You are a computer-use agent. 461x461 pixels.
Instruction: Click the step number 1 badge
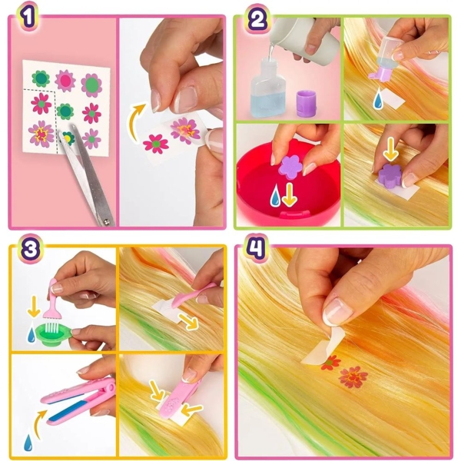coord(28,17)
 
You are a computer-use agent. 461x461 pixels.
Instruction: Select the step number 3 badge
coord(30,249)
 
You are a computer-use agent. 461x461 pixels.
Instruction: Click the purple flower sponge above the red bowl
coord(290,167)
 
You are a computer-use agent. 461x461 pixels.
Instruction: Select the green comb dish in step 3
coord(54,333)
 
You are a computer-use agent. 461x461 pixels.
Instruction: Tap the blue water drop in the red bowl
coord(275,194)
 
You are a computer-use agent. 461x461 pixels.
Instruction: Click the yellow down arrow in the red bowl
coord(290,194)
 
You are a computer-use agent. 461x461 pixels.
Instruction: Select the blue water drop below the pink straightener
coord(28,443)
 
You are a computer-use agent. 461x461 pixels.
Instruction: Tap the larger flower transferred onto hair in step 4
coord(353,376)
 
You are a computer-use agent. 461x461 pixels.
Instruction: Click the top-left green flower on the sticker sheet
coord(41,78)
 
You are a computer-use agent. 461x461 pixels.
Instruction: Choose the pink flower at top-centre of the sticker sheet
coord(65,81)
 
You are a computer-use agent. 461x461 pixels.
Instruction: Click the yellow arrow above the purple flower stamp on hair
coord(390,150)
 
